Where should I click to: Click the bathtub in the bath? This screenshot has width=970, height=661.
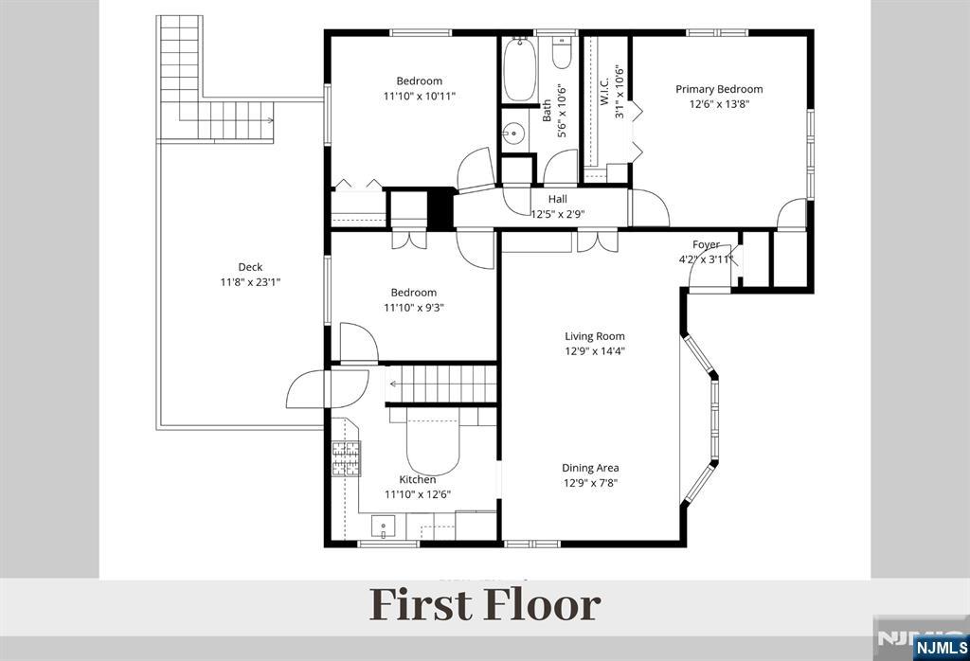[519, 70]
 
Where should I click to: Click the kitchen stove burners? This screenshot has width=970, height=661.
[347, 458]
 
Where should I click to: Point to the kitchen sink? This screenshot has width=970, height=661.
[384, 527]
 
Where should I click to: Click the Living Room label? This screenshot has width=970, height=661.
[595, 336]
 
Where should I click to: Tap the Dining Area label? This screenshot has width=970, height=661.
[590, 468]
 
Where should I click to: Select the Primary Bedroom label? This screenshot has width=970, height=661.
[719, 89]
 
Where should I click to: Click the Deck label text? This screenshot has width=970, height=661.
[250, 267]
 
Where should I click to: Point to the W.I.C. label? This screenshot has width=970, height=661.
[604, 91]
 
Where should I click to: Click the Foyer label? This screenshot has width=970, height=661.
[706, 245]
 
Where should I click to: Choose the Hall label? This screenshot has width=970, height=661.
[557, 199]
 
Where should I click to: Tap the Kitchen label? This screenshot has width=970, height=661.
[418, 480]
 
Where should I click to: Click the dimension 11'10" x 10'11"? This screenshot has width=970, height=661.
[420, 96]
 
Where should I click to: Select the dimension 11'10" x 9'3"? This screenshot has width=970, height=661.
[413, 308]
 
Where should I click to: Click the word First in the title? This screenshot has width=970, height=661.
[420, 605]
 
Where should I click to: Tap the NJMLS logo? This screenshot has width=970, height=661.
[941, 647]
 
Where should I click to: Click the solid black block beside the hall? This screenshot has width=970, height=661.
[441, 208]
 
